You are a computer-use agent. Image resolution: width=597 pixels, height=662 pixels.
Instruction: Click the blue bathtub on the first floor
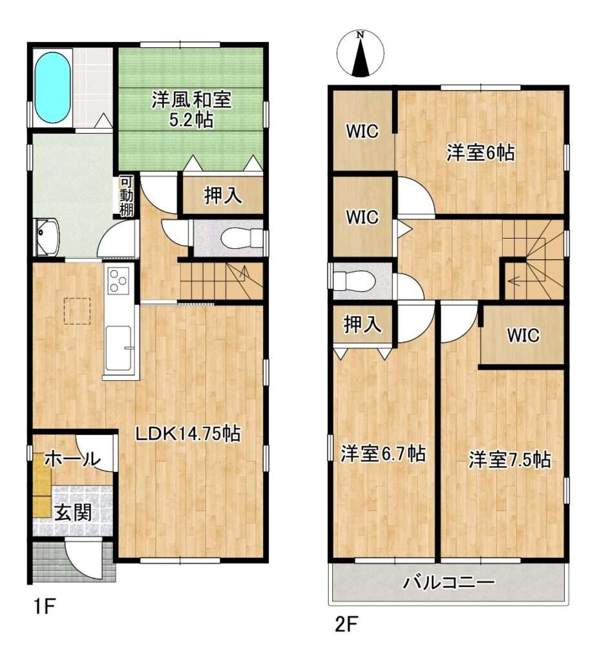click(x=52, y=87)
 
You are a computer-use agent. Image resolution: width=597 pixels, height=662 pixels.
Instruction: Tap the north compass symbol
click(x=360, y=54)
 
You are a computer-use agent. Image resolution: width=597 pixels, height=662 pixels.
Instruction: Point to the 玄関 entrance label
click(x=73, y=513)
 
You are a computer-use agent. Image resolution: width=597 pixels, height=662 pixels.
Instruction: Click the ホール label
click(x=72, y=459)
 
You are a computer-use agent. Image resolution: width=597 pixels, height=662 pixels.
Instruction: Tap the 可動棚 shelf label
click(x=126, y=197)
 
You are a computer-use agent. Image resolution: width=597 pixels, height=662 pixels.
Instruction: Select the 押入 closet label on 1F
click(x=223, y=195)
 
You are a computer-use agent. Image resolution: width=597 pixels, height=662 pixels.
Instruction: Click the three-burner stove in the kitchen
click(x=118, y=281)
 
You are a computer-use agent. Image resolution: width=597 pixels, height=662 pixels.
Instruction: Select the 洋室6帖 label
click(x=481, y=153)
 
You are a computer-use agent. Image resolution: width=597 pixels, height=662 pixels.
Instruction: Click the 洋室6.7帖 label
click(x=382, y=454)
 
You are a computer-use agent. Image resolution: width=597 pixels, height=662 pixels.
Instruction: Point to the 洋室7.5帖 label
click(x=509, y=460)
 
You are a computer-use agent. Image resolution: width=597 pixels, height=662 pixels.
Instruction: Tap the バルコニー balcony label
click(x=448, y=583)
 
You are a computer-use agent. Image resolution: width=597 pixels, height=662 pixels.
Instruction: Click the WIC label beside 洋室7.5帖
click(x=523, y=336)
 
